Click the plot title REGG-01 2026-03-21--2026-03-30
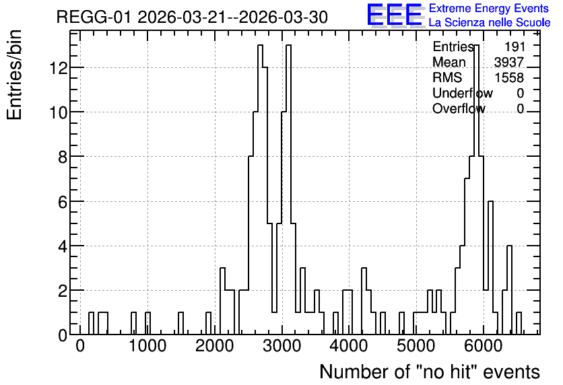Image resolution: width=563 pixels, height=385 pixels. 192,17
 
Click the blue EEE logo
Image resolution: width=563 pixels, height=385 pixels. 395,15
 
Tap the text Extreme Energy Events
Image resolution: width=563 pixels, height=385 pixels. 489,8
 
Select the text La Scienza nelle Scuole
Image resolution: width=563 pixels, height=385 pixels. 490,23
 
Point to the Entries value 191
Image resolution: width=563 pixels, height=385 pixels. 515,46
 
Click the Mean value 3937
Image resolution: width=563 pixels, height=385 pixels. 509,62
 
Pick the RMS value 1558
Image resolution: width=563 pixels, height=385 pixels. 509,77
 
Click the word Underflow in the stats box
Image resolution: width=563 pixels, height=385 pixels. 463,93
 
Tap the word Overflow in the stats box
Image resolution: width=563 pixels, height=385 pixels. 459,108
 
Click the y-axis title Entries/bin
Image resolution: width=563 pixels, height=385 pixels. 14,75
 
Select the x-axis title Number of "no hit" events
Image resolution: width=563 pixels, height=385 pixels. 430,372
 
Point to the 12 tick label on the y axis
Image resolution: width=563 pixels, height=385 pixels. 58,67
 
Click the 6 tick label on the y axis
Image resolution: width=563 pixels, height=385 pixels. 63,201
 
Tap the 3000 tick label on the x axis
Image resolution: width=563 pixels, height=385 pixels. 282,346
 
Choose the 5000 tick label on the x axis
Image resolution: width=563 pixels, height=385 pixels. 416,346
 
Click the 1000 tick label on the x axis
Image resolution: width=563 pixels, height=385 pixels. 147,346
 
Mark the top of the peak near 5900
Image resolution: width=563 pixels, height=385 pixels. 477,45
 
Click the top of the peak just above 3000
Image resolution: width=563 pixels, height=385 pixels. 288,45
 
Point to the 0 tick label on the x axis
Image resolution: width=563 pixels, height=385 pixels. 79,346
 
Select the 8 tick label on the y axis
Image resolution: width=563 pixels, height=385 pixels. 63,157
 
